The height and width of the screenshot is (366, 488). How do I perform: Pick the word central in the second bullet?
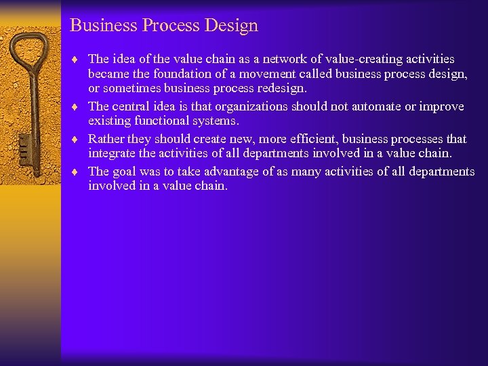[x=130, y=106]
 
